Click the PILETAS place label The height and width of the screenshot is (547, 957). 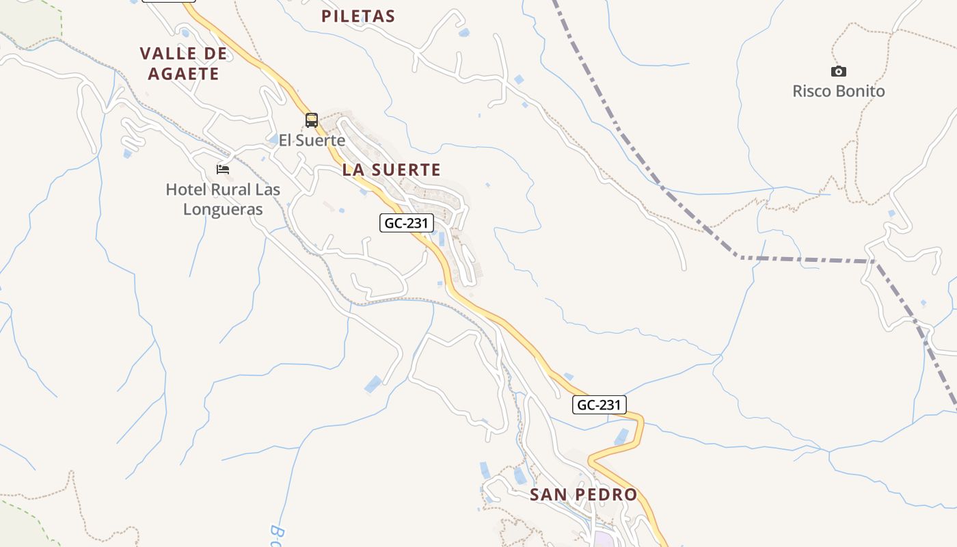(358, 16)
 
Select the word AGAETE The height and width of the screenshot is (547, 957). (183, 74)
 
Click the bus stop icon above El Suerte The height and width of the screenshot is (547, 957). (312, 120)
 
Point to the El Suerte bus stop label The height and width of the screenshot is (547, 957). (312, 140)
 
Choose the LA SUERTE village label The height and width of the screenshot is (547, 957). (391, 170)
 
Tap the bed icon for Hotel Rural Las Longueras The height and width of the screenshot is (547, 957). (223, 169)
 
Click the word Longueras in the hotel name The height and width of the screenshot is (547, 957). (223, 209)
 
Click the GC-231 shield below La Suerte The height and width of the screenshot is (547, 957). (407, 222)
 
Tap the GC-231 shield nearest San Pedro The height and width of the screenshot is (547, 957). (599, 405)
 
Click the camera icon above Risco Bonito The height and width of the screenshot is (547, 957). (838, 71)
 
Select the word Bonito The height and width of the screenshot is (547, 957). (861, 91)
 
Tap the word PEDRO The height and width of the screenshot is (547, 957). (606, 494)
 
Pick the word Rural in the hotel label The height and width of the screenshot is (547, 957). (231, 189)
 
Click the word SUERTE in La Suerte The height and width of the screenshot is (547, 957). (408, 170)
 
